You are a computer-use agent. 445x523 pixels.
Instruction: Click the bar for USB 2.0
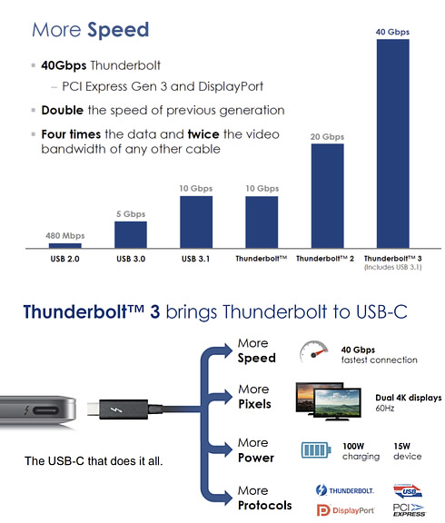(x=65, y=246)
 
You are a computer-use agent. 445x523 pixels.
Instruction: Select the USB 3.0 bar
(x=131, y=235)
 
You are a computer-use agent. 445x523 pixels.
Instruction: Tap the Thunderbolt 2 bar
(x=328, y=196)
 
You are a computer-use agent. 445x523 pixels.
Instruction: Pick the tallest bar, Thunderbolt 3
(x=393, y=143)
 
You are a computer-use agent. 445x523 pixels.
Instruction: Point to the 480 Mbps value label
(x=65, y=236)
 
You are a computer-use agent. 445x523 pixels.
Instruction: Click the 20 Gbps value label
(x=327, y=137)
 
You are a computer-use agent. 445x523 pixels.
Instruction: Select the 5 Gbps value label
(x=131, y=213)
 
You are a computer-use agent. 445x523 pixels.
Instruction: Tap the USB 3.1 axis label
(x=196, y=259)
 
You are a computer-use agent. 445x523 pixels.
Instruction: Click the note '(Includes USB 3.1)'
(x=393, y=267)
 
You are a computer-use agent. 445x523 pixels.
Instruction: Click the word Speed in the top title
(x=118, y=30)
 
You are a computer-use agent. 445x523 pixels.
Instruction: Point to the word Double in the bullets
(x=63, y=111)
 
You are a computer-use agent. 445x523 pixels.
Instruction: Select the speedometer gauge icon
(x=313, y=351)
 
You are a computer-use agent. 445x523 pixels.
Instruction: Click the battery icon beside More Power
(x=316, y=450)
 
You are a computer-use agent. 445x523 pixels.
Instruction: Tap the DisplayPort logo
(x=345, y=510)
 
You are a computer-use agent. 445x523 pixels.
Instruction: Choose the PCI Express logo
(x=409, y=510)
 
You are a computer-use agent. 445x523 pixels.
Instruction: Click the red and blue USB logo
(x=408, y=491)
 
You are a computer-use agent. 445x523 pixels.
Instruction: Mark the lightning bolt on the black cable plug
(x=116, y=410)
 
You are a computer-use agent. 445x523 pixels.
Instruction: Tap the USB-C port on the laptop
(x=46, y=410)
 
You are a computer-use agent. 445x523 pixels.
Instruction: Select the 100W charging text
(x=361, y=451)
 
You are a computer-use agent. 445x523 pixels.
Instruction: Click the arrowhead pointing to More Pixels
(x=228, y=397)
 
